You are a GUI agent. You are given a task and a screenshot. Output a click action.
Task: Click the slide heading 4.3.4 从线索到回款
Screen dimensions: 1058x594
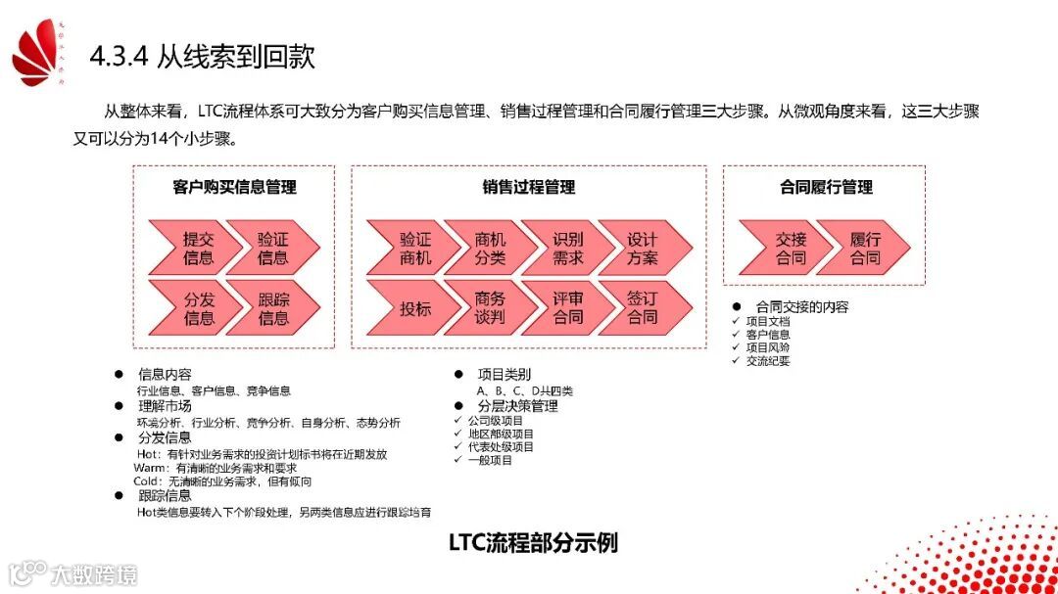point(202,57)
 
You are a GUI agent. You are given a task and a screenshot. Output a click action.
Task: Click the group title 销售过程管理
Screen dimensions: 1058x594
point(528,187)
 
